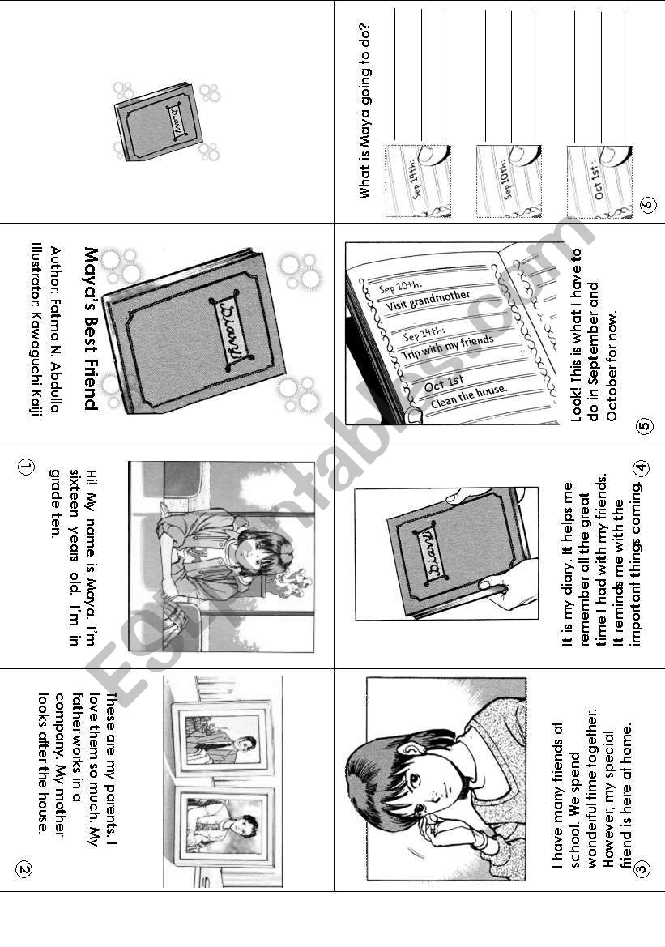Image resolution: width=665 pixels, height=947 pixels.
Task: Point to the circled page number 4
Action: coord(642,467)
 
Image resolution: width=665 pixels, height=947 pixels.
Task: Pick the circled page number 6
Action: coord(646,204)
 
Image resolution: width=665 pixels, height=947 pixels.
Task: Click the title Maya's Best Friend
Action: coord(91,328)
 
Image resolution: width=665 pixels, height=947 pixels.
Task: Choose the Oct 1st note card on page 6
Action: coord(599,181)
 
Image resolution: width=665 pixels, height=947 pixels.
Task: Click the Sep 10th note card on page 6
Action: coord(509,181)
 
